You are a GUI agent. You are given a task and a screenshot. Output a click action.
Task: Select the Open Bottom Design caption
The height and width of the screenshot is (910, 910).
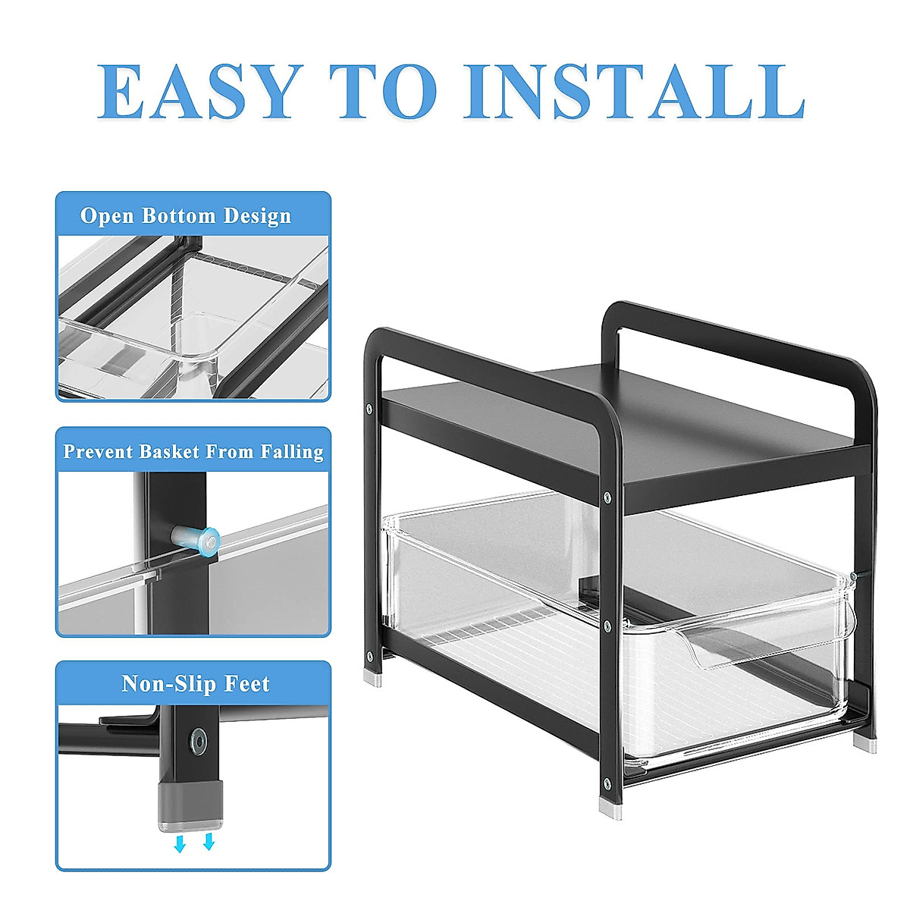click(186, 216)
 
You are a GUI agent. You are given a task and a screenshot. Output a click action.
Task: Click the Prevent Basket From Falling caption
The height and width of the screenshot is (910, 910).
click(193, 452)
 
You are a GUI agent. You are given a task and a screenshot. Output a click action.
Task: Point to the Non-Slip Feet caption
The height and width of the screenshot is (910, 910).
click(195, 684)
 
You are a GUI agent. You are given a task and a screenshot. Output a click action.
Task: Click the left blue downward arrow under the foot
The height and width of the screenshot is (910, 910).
click(180, 844)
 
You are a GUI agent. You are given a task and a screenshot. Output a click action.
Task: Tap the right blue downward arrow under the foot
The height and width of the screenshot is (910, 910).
click(209, 843)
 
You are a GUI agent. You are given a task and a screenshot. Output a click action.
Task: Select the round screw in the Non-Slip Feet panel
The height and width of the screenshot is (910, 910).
click(199, 739)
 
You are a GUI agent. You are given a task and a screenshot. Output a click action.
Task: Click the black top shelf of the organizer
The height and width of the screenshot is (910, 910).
click(629, 425)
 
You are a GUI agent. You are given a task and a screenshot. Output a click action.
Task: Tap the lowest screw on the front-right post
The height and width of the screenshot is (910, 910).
click(606, 783)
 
